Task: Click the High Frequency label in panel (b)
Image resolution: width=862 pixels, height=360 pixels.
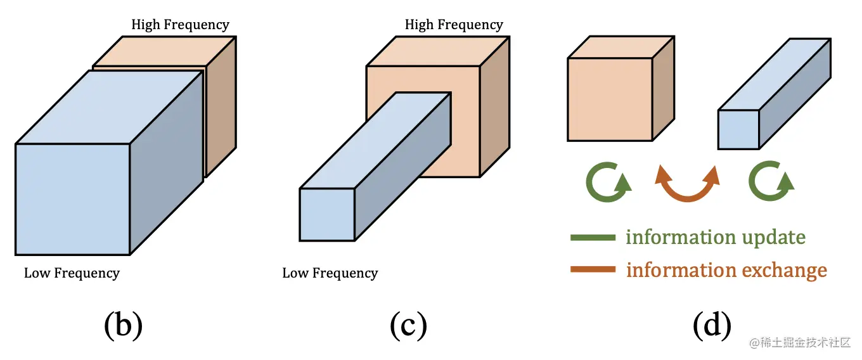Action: [180, 25]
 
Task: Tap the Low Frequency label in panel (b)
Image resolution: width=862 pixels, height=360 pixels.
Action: [72, 273]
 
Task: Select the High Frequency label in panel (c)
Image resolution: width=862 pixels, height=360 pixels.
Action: [454, 25]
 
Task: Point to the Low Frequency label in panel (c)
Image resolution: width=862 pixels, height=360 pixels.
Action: [330, 273]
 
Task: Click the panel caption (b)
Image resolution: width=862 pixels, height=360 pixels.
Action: [123, 326]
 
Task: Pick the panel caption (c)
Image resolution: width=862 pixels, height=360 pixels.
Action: [409, 326]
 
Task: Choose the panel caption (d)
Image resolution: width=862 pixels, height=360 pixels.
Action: [712, 326]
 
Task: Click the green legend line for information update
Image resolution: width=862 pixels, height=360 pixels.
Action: [593, 238]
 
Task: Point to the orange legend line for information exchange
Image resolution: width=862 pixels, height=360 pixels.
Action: [593, 270]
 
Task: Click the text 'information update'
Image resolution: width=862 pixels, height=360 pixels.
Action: [716, 237]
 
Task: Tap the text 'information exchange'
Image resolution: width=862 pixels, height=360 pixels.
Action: [726, 270]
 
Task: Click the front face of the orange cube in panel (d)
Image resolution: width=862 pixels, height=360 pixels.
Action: [610, 100]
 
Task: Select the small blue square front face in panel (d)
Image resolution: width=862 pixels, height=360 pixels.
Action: [738, 130]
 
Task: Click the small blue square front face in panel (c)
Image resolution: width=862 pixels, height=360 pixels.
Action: [327, 214]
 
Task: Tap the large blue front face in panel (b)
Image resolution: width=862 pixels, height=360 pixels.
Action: [72, 199]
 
